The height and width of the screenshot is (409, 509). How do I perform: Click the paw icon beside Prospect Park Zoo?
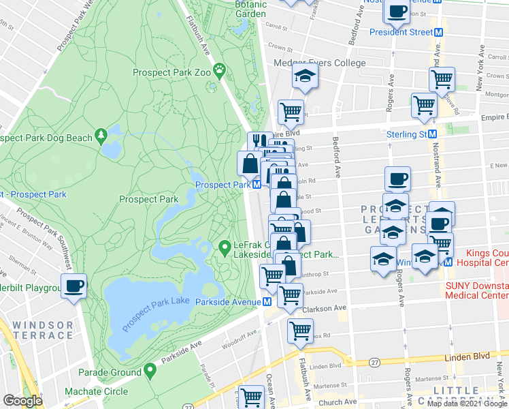coord(220,69)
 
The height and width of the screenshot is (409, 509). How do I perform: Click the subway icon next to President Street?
coord(439,32)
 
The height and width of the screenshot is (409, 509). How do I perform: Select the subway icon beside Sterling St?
coord(431,134)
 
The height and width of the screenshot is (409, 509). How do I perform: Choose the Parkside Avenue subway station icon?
coord(268,301)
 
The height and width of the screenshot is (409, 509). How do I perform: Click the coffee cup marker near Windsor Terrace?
coord(74,286)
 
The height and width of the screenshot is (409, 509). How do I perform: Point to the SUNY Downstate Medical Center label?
coord(476,290)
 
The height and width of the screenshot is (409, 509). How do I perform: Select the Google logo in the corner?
coord(22,401)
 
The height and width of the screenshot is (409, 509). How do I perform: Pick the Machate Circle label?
coord(96,391)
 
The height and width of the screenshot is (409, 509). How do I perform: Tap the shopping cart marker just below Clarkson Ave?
coord(300,331)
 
